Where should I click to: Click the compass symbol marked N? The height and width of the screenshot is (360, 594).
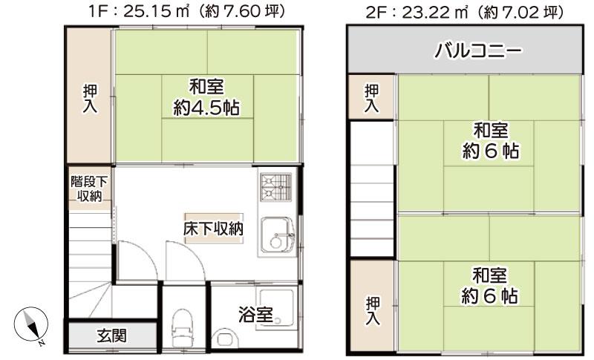point(31,326)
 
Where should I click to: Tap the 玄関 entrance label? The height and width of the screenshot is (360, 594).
point(111,336)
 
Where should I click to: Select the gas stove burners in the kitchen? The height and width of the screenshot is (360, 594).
point(276,187)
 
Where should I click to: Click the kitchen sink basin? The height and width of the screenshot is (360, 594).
point(278,236)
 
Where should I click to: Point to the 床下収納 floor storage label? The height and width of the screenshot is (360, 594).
point(213,229)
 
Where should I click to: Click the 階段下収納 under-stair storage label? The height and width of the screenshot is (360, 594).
point(89,189)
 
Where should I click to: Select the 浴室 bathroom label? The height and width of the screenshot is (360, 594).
point(255,314)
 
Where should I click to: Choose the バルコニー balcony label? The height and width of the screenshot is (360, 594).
point(478,50)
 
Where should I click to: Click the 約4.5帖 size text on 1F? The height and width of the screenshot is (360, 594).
point(206,108)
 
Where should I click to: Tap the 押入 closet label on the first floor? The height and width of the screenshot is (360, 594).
point(90,99)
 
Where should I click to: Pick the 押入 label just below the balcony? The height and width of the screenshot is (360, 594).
point(371,98)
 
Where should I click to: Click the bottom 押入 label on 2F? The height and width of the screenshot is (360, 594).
point(373,311)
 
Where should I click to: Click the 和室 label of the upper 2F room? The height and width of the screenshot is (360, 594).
point(491,131)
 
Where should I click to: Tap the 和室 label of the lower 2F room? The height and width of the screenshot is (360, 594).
point(489,275)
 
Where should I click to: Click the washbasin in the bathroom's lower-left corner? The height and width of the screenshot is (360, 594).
point(224,338)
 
